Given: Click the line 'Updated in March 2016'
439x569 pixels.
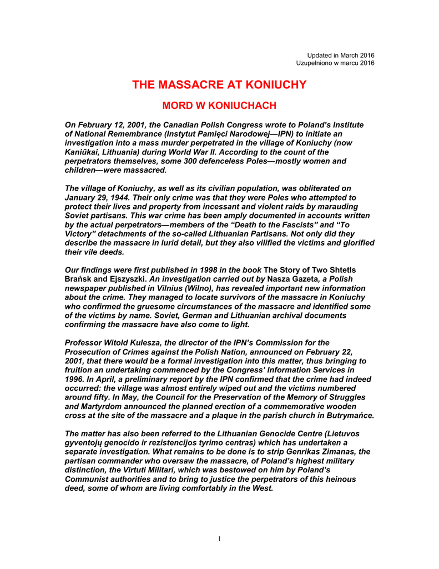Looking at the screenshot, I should pos(341,55).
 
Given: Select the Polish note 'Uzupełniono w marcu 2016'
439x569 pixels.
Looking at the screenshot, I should pos(335,63).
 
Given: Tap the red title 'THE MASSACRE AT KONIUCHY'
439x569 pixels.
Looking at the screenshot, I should pos(219,85).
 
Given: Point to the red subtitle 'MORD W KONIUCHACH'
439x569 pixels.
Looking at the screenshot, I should pos(219,106).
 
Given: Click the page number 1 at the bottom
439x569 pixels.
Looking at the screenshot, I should pos(220,538).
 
